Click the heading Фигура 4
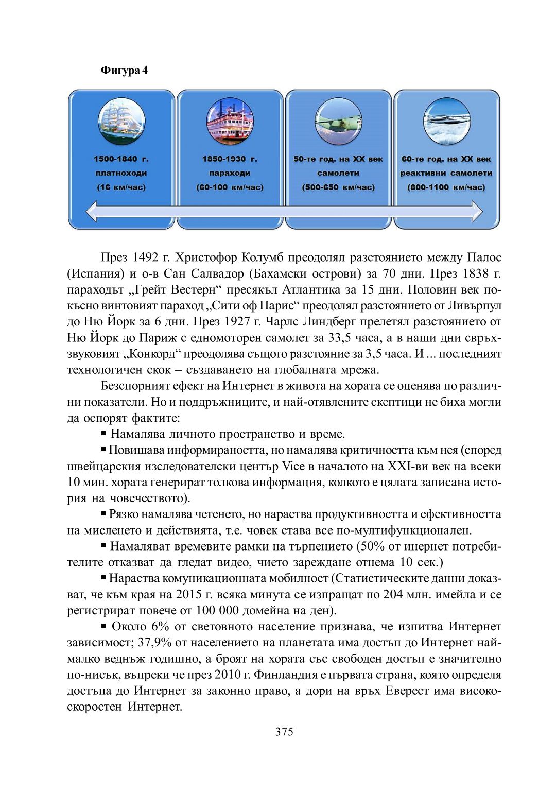click(124, 70)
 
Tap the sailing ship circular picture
click(121, 122)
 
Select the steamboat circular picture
click(230, 122)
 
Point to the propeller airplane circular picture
click(338, 122)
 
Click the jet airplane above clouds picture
click(446, 122)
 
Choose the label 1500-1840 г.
click(121, 159)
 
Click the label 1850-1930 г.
click(230, 159)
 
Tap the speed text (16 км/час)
click(121, 187)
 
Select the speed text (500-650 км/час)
click(338, 187)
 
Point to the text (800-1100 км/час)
click(446, 187)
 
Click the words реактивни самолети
click(446, 173)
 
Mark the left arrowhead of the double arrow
click(92, 212)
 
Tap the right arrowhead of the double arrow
click(477, 212)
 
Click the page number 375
click(284, 732)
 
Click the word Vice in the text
click(293, 466)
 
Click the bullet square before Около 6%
click(103, 626)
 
